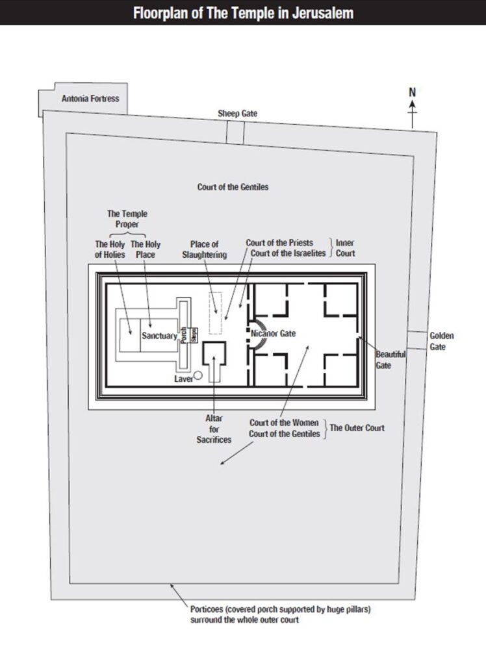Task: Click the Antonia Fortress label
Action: pos(90,99)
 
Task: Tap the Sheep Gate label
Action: pos(237,113)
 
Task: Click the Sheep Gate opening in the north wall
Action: pos(235,132)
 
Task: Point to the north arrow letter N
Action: pos(412,92)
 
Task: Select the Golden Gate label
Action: pos(441,341)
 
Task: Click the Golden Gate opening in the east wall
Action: pos(417,340)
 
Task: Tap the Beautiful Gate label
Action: pos(390,359)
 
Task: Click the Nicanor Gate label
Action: pos(273,333)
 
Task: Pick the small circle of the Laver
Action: pos(198,375)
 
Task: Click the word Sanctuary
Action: pos(159,336)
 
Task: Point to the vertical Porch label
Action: pos(184,336)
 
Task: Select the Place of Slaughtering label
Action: pos(205,249)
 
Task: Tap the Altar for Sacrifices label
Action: pos(214,429)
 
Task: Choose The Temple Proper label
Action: pos(127,219)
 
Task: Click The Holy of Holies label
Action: pos(110,249)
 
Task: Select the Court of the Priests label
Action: pos(279,243)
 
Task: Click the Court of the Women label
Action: pos(284,422)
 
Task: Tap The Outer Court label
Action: pos(357,427)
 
